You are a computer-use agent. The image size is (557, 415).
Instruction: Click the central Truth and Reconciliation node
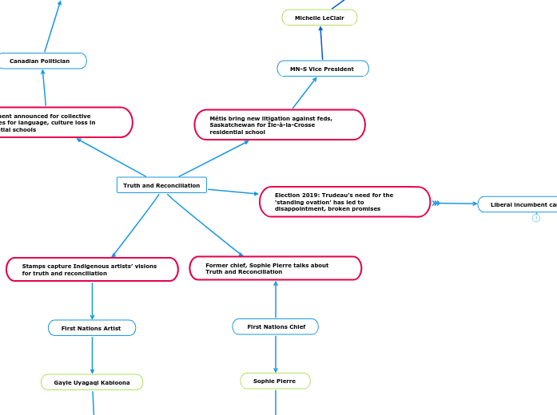[161, 185]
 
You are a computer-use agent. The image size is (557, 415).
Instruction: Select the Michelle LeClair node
[319, 18]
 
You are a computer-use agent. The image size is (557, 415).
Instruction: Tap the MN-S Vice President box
[323, 69]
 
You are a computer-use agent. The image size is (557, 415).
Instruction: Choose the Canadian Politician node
[40, 61]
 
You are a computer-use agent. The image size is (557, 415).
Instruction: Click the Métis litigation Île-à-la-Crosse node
[279, 125]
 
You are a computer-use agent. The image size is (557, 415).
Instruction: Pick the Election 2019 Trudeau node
[344, 202]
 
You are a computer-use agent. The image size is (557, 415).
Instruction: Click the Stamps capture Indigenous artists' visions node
[92, 269]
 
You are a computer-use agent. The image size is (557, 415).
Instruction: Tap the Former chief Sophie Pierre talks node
[275, 268]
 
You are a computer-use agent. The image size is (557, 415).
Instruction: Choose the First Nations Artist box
[92, 328]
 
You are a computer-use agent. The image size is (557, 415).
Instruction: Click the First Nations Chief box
[276, 326]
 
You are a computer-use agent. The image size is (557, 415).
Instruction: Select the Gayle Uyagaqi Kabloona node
[92, 382]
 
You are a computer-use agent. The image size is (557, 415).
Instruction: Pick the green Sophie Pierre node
[275, 381]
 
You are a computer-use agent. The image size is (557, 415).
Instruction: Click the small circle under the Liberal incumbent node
[536, 218]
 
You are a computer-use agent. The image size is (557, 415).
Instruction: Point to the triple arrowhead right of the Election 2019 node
[436, 204]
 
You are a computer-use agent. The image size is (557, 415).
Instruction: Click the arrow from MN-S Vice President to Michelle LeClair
[321, 43]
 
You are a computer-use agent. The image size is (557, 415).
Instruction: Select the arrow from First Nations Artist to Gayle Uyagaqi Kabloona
[92, 355]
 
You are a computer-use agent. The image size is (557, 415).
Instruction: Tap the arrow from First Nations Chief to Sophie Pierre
[276, 354]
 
